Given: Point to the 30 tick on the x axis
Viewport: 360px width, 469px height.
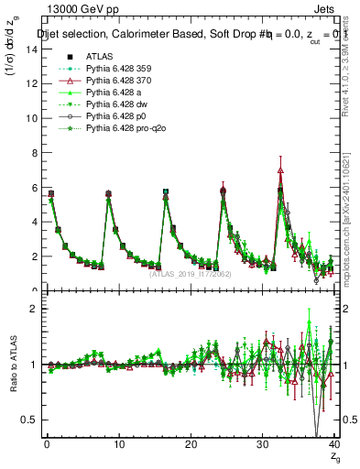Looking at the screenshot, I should (x=262, y=446).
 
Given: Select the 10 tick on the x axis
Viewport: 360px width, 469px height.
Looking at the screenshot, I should (x=118, y=446).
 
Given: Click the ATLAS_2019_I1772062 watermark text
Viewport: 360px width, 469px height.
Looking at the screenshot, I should (x=188, y=274).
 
